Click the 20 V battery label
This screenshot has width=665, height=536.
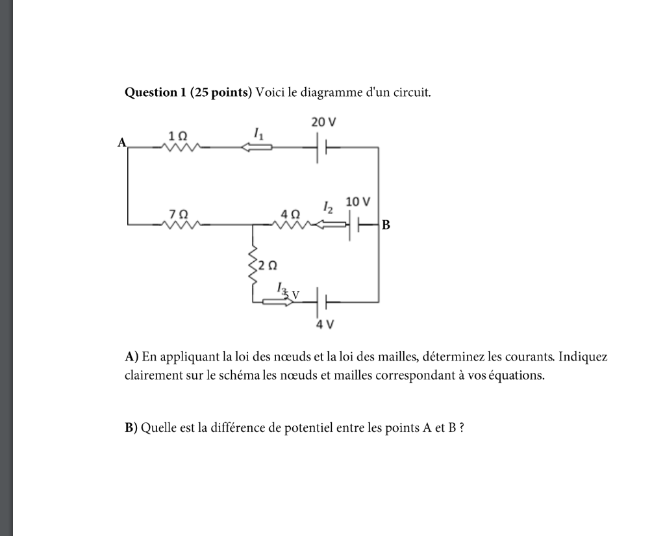[x=323, y=122]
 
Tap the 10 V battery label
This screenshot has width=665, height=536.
[x=358, y=202]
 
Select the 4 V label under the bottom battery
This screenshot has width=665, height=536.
[x=324, y=324]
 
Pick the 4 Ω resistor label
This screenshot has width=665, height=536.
[x=290, y=214]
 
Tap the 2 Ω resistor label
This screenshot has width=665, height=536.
[x=268, y=265]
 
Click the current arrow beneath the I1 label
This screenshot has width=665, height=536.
[x=257, y=147]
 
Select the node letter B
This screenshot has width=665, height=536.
[x=386, y=225]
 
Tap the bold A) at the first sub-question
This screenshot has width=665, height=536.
[x=132, y=357]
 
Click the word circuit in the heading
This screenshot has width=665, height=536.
[x=413, y=92]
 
